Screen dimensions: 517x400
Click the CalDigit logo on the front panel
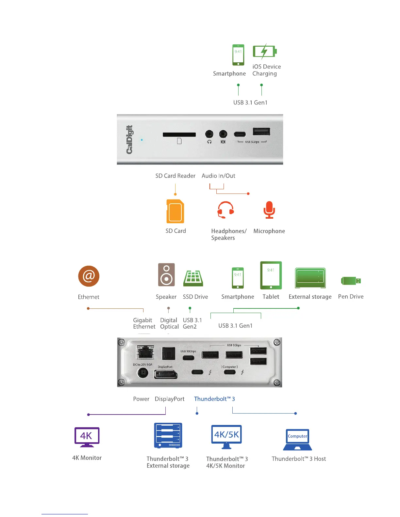point(130,139)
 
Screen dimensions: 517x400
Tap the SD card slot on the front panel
point(179,134)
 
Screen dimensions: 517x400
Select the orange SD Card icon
point(175,211)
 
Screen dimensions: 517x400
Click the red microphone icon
point(269,210)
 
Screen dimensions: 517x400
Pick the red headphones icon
point(225,210)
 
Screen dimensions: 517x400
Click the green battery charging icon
point(265,51)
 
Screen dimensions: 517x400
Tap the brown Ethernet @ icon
point(89,276)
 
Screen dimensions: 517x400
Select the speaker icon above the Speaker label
point(166,274)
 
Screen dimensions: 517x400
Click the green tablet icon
point(271,275)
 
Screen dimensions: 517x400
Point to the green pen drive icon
point(351,281)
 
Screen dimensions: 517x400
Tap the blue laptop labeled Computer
point(297,440)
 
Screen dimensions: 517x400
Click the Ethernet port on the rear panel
point(145,352)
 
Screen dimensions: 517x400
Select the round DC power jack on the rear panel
point(142,373)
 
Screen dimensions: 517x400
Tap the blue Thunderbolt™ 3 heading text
point(214,399)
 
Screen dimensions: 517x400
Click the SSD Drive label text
point(195,297)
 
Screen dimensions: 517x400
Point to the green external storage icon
point(310,278)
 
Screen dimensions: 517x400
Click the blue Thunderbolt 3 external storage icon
point(168,436)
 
